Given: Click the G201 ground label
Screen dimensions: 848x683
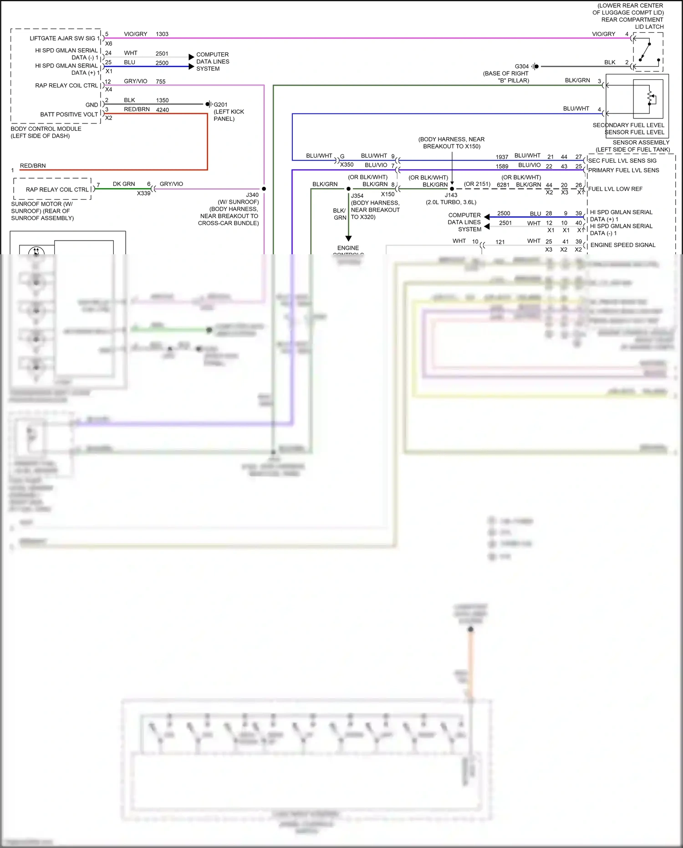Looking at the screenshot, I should (x=221, y=104).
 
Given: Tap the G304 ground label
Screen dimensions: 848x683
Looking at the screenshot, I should (x=522, y=67).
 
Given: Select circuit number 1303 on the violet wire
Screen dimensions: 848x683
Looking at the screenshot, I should (x=162, y=34).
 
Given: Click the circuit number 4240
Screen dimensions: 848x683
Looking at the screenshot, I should (x=163, y=110).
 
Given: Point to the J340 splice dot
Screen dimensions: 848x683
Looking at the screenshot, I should (x=264, y=189).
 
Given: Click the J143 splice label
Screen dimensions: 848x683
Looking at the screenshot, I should (x=451, y=195).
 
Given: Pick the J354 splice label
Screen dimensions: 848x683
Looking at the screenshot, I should (x=357, y=196).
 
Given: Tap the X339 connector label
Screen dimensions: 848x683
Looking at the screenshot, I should (x=143, y=193).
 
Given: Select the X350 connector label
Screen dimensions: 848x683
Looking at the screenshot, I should (x=347, y=164).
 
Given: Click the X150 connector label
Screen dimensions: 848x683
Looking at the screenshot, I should (x=388, y=194).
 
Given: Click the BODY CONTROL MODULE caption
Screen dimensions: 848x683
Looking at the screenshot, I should (x=46, y=129).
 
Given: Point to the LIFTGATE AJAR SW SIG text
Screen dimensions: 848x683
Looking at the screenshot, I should (x=63, y=38).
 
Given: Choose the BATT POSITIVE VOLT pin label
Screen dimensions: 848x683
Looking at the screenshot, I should (x=69, y=114).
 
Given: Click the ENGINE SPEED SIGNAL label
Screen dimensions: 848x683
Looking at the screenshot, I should (x=623, y=245).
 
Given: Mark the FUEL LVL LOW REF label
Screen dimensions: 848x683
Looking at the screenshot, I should (x=615, y=189).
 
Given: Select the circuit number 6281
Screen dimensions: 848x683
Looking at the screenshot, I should (x=503, y=185).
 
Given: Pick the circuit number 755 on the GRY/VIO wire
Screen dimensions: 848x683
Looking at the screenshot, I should (x=161, y=82).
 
